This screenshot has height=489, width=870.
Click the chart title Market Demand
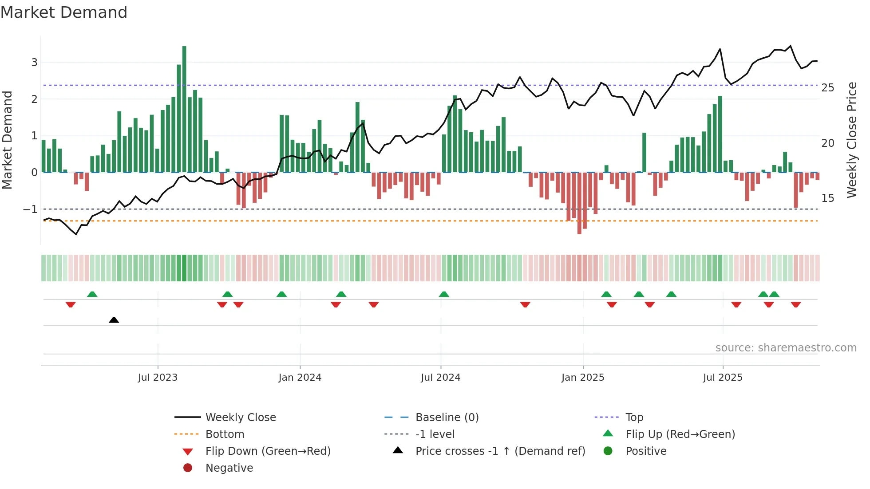pos(64,12)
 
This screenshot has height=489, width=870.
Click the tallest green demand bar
pos(184,109)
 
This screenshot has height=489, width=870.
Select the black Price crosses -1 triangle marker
pos(114,320)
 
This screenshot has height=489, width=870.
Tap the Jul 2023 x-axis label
pos(158,378)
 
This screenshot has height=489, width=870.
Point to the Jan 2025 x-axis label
pos(582,378)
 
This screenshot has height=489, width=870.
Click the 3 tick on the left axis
pos(34,63)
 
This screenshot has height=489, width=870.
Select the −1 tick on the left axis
pos(31,209)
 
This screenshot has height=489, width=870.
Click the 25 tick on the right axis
pos(827,88)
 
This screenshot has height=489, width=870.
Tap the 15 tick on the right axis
pos(827,198)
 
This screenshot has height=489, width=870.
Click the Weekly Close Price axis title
pos(851,140)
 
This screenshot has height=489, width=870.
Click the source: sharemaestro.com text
pos(786,348)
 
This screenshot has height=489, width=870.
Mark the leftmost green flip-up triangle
pos(92,294)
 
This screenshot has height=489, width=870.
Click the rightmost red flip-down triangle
pos(795,304)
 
